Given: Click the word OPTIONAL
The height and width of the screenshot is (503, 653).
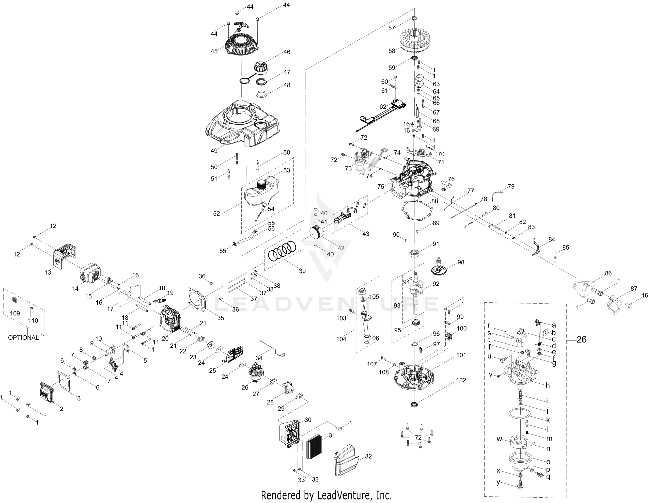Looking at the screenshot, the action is pos(23,338).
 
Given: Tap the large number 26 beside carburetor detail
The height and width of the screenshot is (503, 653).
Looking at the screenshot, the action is pos(582,339).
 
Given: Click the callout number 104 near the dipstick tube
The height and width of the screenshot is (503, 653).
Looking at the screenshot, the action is pos(341,339).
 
